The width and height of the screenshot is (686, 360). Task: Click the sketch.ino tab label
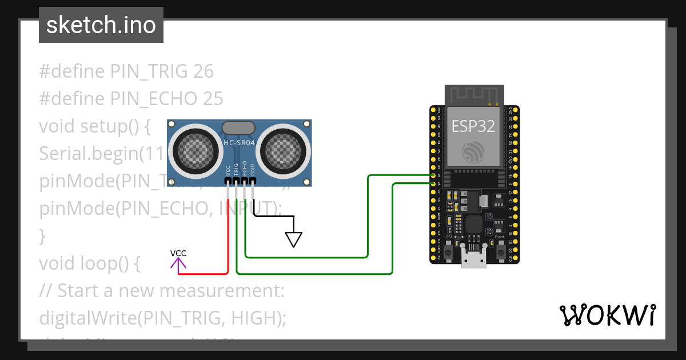tap(101, 25)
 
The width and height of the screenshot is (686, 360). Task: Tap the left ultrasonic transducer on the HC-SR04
tap(194, 150)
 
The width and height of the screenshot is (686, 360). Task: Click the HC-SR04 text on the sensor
tap(239, 143)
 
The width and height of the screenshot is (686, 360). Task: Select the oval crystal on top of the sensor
tap(238, 127)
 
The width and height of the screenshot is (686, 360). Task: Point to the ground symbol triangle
tap(293, 238)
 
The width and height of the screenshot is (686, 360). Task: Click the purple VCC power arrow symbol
tap(178, 263)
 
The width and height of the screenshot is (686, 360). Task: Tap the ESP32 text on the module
tap(473, 126)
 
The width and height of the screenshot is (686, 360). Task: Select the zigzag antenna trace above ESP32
tap(474, 94)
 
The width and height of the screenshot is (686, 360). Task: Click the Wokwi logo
tap(607, 315)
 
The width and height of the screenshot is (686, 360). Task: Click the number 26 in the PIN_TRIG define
tap(204, 71)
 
